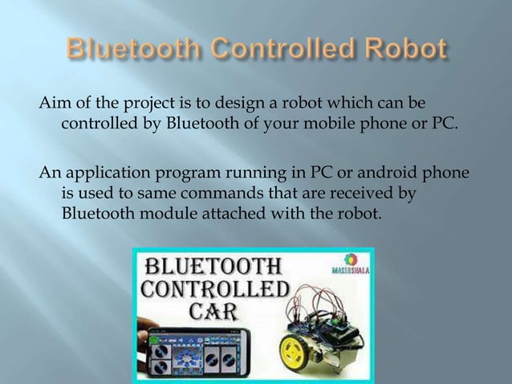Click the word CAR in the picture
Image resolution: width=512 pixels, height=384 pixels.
coord(211,310)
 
